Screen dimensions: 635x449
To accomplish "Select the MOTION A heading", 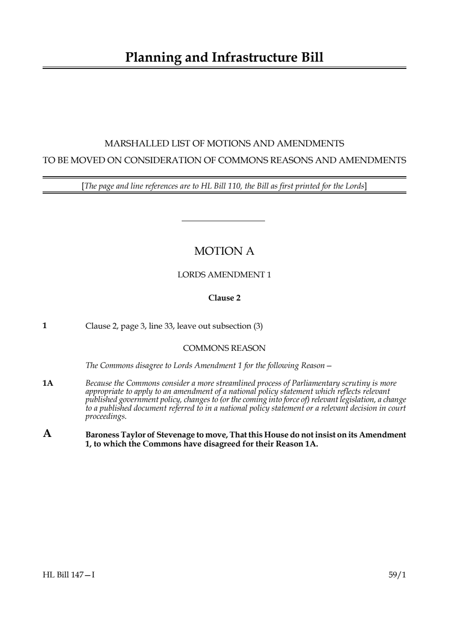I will [x=224, y=251].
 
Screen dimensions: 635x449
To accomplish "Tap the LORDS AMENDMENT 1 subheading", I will [x=224, y=275].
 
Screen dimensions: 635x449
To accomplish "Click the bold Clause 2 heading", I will [x=224, y=298].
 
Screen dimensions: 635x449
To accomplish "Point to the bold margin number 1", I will [x=44, y=325].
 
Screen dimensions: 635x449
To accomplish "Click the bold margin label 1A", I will [x=48, y=383].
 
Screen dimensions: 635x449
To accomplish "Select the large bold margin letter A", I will [x=47, y=434].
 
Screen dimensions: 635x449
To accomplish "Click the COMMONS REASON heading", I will [x=224, y=348].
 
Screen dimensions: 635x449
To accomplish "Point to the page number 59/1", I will [x=397, y=575].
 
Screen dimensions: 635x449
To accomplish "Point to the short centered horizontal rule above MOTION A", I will [x=223, y=221].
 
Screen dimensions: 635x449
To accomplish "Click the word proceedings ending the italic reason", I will [x=106, y=416].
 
